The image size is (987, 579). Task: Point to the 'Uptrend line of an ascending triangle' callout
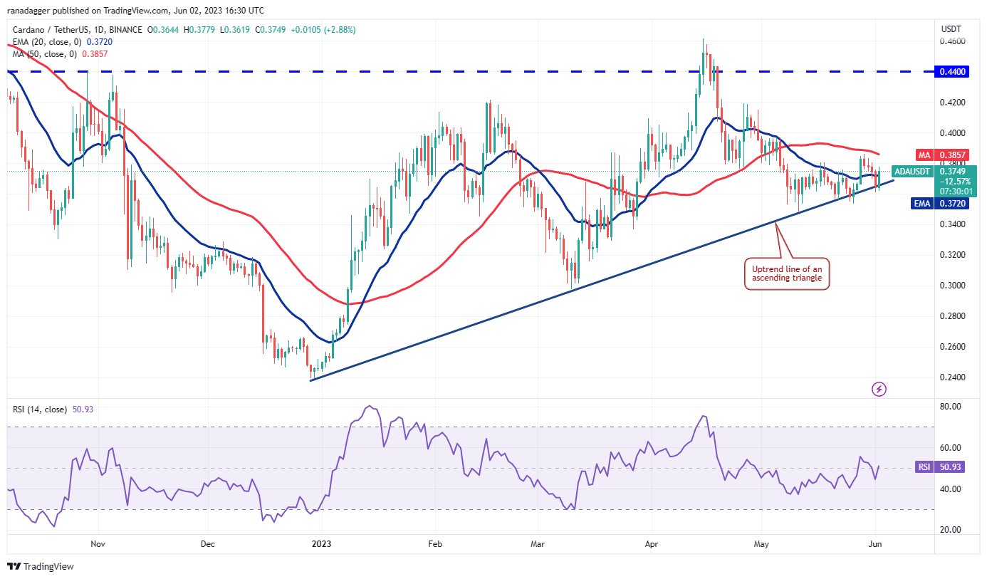coord(787,273)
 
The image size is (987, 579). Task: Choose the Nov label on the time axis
coord(98,543)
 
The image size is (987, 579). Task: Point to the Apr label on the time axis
coord(651,543)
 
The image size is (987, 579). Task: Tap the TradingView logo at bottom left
coord(41,567)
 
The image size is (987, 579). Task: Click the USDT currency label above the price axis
coord(951,28)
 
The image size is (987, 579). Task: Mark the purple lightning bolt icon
coord(879,389)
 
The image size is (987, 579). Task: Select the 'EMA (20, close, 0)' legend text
coord(46,42)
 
